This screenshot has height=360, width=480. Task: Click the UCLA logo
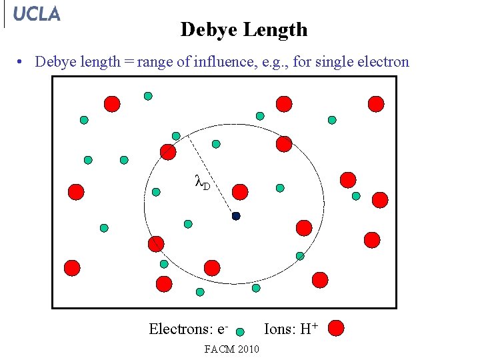click(36, 14)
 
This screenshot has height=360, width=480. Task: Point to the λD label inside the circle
click(201, 181)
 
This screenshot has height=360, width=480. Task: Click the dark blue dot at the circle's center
click(236, 216)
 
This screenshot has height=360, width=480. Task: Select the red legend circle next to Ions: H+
click(337, 328)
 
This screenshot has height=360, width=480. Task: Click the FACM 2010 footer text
click(232, 349)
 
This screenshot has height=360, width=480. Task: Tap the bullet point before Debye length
click(22, 63)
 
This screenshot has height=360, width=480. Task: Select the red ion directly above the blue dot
click(240, 193)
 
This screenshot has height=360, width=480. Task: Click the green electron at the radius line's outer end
click(176, 136)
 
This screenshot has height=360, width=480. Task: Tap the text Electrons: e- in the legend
click(189, 329)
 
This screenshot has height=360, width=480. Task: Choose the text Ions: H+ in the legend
click(291, 329)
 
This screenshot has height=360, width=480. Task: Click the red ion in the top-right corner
click(376, 103)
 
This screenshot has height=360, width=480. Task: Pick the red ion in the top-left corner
click(112, 103)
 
